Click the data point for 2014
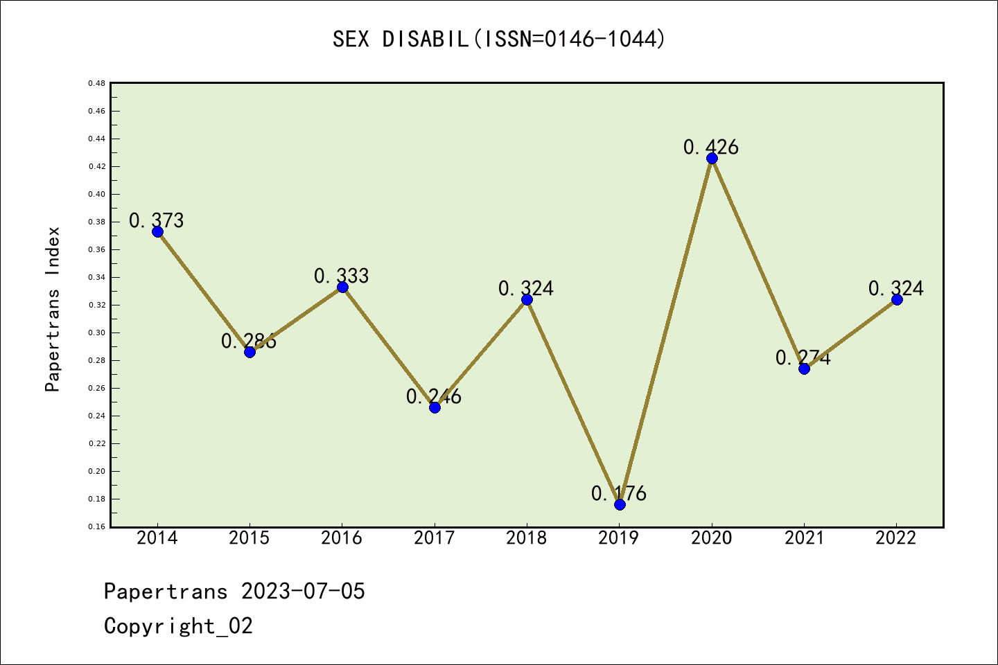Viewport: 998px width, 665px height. (157, 231)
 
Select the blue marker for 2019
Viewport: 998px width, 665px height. (620, 504)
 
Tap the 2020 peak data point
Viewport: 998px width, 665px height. (712, 158)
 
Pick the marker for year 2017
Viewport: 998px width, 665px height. (435, 407)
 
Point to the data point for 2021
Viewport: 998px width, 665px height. (804, 369)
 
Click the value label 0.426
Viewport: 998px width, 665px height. (711, 147)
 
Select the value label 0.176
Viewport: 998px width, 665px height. (619, 493)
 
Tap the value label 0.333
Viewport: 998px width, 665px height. (342, 276)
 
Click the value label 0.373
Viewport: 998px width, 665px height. (157, 220)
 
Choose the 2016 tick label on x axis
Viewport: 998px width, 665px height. (342, 538)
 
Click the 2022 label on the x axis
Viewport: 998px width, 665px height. (896, 538)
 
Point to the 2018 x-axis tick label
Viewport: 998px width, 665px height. (527, 538)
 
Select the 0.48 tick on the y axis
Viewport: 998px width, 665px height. (96, 83)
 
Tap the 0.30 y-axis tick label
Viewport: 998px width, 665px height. (96, 332)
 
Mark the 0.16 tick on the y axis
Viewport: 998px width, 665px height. (96, 526)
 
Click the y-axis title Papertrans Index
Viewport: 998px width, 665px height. (53, 309)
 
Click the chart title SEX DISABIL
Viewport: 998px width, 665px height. (499, 39)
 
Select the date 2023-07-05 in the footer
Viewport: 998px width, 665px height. (303, 592)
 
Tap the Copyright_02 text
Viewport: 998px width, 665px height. (178, 626)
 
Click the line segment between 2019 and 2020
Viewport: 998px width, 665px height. (665, 331)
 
